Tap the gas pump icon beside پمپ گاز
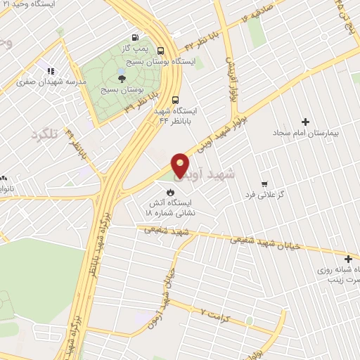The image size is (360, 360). pos(135,37)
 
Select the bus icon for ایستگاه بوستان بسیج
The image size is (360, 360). pos(161,50)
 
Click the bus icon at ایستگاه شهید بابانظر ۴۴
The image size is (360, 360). pos(175,99)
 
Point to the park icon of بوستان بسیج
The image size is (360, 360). pos(121,78)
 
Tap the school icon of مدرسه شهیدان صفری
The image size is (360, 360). pos(51,71)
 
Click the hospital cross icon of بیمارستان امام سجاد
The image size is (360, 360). pos(304,122)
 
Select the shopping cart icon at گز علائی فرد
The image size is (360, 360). pos(264,183)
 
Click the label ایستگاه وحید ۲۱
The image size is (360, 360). pos(41,5)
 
